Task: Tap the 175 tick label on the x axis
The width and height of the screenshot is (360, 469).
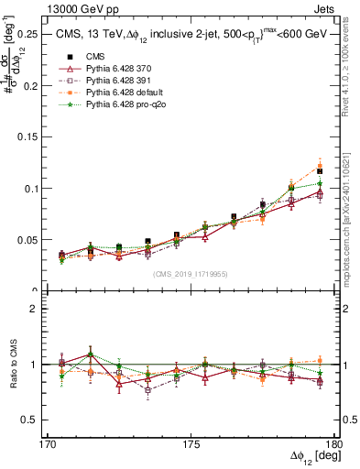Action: (x=191, y=444)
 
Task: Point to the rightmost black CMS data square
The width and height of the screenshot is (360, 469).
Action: (x=320, y=170)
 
